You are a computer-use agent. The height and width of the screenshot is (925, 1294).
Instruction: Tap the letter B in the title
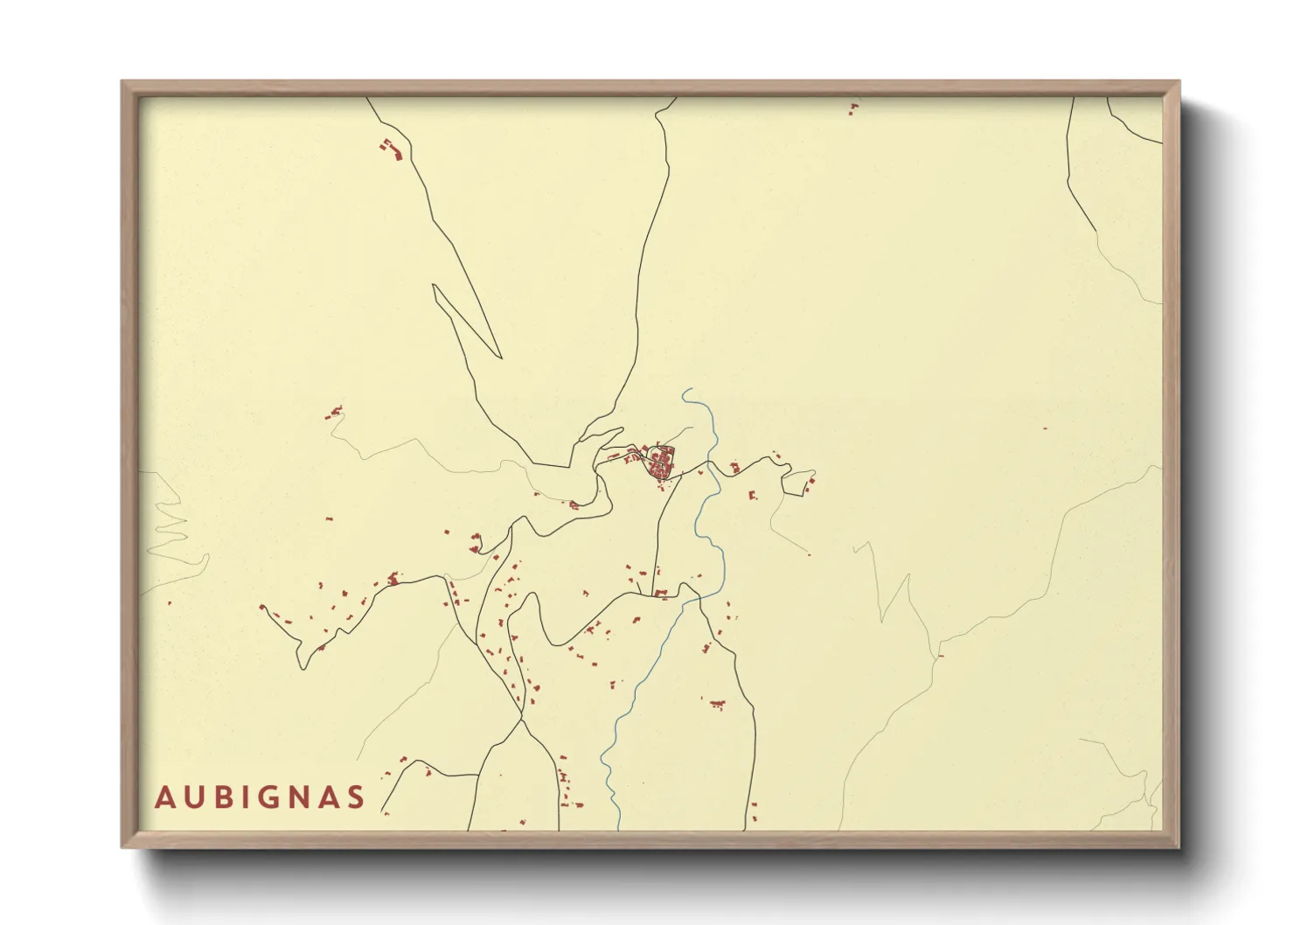pyautogui.click(x=218, y=797)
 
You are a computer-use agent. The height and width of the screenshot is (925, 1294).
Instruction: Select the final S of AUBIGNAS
pyautogui.click(x=354, y=797)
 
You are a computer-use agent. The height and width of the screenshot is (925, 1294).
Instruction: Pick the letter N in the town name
pyautogui.click(x=297, y=797)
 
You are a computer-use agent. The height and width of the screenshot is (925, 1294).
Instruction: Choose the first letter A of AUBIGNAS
pyautogui.click(x=163, y=797)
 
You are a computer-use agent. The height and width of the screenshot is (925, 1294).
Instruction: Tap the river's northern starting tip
pyautogui.click(x=685, y=390)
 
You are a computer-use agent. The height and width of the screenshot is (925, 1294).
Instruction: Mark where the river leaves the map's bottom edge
pyautogui.click(x=618, y=828)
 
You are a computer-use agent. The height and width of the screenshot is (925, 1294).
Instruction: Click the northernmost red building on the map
pyautogui.click(x=854, y=106)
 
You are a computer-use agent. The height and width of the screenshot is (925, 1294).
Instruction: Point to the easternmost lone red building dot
pyautogui.click(x=1045, y=428)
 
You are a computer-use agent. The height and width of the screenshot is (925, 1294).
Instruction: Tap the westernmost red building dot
pyautogui.click(x=170, y=602)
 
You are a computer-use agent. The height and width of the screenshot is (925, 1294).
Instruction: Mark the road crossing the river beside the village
pyautogui.click(x=710, y=467)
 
